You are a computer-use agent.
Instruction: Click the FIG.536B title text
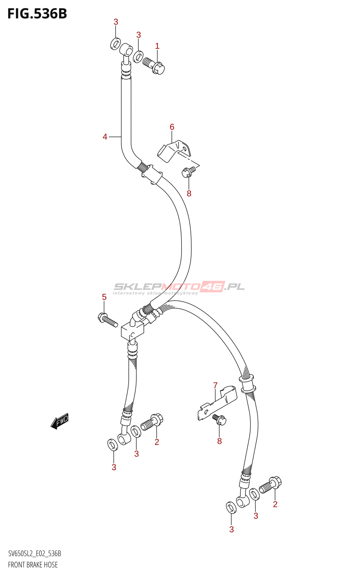[x=37, y=14]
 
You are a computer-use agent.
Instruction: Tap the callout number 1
[x=157, y=46]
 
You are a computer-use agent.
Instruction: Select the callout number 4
[x=105, y=137]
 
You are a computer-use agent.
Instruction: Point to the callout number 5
[x=104, y=297]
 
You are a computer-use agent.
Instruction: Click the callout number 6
[x=172, y=127]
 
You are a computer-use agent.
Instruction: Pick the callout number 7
[x=215, y=386]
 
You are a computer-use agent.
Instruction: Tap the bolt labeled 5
[x=108, y=320]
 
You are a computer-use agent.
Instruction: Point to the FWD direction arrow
[x=59, y=421]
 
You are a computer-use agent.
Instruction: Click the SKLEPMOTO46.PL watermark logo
[x=179, y=287]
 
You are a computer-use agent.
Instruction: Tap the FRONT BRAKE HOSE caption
[x=33, y=564]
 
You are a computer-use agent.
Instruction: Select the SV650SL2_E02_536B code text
[x=35, y=554]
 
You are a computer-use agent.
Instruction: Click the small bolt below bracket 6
[x=188, y=172]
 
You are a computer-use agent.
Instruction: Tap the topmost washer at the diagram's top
[x=115, y=44]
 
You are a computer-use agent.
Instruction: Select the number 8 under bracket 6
[x=189, y=193]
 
